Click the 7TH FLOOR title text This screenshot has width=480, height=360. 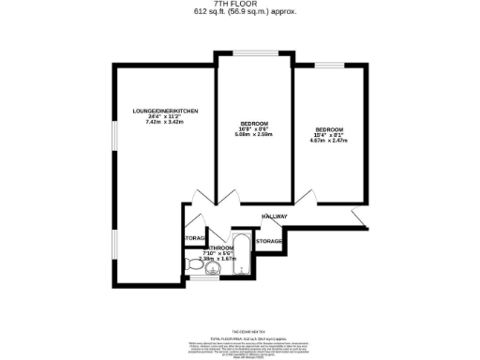pos(239,5)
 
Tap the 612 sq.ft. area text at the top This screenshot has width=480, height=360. pos(239,13)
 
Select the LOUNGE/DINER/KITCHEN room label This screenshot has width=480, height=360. pos(166,112)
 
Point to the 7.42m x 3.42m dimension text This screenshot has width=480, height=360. pos(166,122)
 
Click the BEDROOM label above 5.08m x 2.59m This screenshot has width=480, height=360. pos(254,124)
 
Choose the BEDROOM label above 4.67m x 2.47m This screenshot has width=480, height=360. pos(328,128)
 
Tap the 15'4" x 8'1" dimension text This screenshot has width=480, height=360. pos(328,135)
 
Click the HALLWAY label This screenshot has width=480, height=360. pos(275,217)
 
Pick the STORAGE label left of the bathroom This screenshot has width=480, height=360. pos(195,238)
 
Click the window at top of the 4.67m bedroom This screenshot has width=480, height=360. pos(327,65)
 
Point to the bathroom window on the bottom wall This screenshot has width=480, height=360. pos(203,278)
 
